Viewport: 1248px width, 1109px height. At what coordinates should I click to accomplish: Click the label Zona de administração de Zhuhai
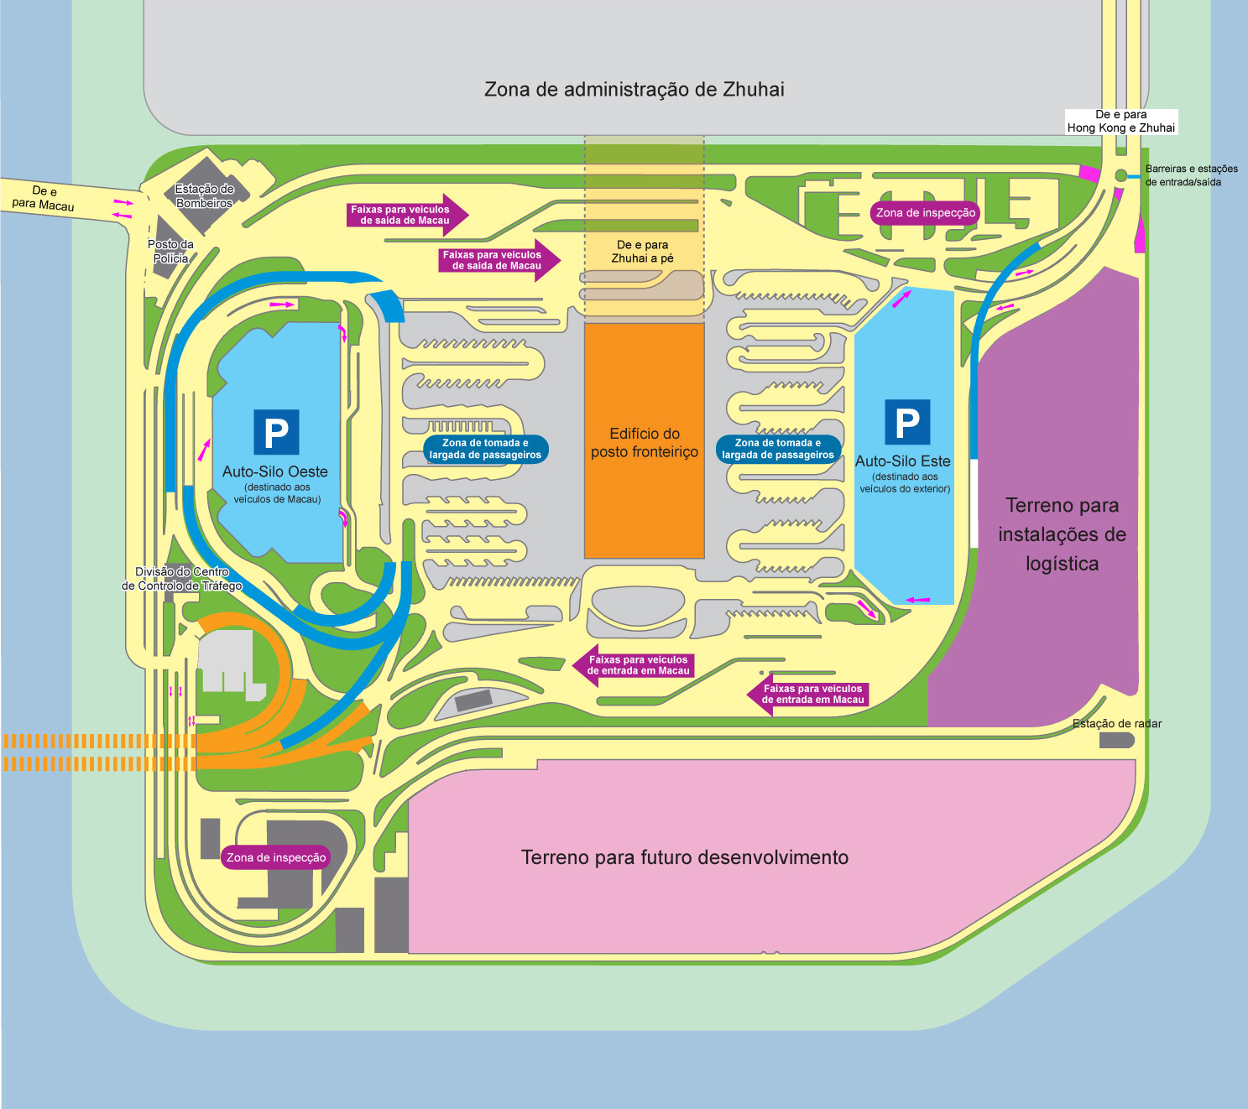[x=634, y=90]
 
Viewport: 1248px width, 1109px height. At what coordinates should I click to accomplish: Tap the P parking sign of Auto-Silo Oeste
[x=277, y=432]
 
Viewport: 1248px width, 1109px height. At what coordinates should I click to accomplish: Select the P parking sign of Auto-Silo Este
[x=907, y=423]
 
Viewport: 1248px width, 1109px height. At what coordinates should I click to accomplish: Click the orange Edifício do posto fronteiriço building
[x=645, y=441]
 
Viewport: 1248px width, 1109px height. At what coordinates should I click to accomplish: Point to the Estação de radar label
[x=1117, y=723]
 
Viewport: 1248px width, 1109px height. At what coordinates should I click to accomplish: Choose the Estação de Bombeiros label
[x=205, y=195]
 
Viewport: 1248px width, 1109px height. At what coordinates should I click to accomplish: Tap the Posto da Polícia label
[x=170, y=251]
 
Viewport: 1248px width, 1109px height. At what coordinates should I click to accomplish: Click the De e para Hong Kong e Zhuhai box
[x=1121, y=122]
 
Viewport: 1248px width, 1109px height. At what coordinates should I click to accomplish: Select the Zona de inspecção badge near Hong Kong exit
[x=925, y=213]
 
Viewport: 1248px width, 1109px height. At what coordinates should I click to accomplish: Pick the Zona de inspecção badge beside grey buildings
[x=276, y=857]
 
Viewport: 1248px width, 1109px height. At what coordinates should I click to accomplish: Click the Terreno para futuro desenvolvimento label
[x=684, y=857]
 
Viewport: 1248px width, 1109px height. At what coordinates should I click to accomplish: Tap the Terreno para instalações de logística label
[x=1062, y=534]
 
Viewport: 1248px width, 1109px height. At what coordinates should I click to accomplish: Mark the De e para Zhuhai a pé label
[x=643, y=251]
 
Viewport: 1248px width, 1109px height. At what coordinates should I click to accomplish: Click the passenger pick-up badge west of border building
[x=485, y=449]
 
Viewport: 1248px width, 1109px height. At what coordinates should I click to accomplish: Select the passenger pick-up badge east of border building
[x=778, y=449]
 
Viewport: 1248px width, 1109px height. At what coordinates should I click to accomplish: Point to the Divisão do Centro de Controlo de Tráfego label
[x=182, y=579]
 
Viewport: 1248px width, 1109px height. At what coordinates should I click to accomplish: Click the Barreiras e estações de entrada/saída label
[x=1191, y=175]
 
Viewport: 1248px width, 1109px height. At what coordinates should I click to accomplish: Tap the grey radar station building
[x=1117, y=740]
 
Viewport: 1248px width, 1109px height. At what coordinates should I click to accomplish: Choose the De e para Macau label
[x=43, y=198]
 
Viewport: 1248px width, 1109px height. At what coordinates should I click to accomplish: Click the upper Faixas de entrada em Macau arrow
[x=634, y=665]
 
